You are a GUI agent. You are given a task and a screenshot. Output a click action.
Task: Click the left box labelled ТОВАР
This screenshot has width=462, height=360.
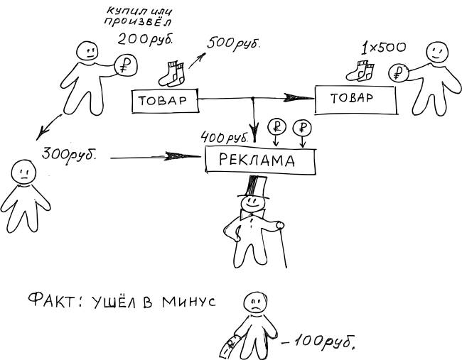click(163, 101)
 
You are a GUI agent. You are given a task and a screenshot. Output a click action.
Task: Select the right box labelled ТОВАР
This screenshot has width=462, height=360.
click(356, 99)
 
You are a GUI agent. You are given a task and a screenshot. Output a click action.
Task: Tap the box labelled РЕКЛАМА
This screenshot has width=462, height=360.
click(259, 160)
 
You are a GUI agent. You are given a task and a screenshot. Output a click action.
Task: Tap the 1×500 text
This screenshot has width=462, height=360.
click(383, 49)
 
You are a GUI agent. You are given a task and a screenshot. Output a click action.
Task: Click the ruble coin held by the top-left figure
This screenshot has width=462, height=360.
click(127, 66)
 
